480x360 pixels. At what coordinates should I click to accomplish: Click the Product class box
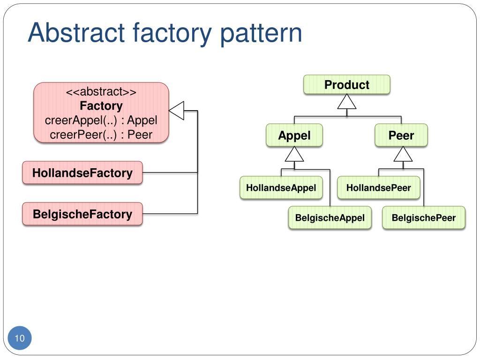346,84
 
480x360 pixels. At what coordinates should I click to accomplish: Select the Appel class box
294,135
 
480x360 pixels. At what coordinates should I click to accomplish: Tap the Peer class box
401,135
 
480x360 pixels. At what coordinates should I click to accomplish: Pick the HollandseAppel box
281,187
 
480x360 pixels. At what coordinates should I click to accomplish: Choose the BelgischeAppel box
330,217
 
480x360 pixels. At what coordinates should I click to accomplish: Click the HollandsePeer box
378,187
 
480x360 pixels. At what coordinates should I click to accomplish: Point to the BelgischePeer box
424,217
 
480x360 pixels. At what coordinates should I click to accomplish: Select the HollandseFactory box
82,172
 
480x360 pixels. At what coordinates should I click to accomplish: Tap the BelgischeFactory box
82,214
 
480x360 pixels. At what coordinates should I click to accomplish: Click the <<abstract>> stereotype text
101,91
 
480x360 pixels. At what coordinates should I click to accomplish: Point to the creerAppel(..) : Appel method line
101,120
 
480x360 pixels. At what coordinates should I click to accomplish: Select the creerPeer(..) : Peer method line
101,135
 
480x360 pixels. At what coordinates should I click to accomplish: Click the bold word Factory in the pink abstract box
101,105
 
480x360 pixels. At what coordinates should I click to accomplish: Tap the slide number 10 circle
20,338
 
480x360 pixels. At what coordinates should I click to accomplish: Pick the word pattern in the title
261,34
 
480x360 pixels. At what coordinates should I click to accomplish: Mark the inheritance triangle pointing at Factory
177,111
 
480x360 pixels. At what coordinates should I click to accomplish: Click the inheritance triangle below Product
346,101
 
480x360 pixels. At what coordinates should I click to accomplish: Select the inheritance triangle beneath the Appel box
294,154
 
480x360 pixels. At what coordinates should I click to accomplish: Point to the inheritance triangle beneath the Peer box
403,154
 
